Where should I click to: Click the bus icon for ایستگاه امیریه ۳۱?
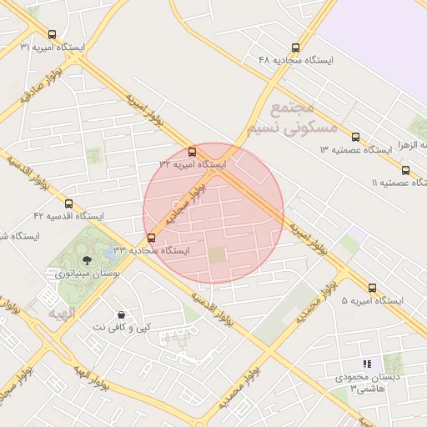pyautogui.click(x=53, y=35)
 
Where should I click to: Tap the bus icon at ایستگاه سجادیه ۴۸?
pyautogui.click(x=294, y=48)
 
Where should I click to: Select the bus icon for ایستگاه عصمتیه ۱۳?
pyautogui.click(x=356, y=137)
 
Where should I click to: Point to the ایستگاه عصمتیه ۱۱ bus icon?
pyautogui.click(x=405, y=170)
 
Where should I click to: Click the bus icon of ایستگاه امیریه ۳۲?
pyautogui.click(x=193, y=153)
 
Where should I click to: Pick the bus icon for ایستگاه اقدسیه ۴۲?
pyautogui.click(x=68, y=203)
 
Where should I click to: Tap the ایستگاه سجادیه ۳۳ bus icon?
pyautogui.click(x=150, y=238)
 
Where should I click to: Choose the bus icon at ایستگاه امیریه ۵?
pyautogui.click(x=372, y=288)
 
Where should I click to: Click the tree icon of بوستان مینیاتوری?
pyautogui.click(x=88, y=260)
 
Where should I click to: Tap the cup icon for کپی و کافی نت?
pyautogui.click(x=123, y=315)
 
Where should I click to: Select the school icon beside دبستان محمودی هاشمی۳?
pyautogui.click(x=367, y=364)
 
